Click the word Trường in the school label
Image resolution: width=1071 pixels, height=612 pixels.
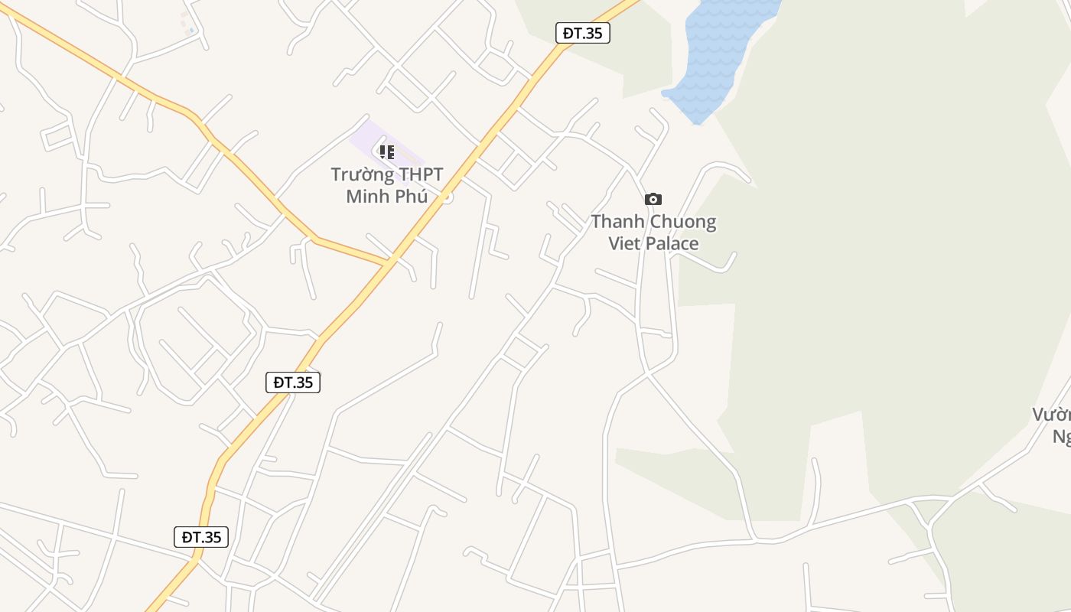(358, 175)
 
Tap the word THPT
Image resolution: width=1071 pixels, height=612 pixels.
(416, 175)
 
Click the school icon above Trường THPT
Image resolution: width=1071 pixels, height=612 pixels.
(387, 152)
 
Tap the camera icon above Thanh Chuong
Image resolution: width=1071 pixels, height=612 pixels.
(653, 200)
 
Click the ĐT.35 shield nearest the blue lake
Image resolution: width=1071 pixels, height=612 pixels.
(582, 33)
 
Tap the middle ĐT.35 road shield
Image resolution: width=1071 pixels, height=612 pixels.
(293, 382)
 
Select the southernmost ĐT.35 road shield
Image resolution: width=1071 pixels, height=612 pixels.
(201, 537)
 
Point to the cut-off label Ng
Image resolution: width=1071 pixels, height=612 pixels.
(1062, 437)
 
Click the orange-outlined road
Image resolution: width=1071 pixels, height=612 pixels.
(229, 153)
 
